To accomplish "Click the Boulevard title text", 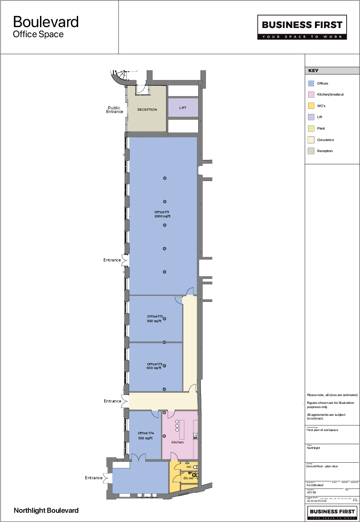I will pos(46,22).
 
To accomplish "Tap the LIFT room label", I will pos(183,108).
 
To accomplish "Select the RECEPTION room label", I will pos(147,110).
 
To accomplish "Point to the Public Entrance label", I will pos(114,110).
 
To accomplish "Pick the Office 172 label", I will pos(155,318).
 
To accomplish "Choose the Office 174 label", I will pos(145,435).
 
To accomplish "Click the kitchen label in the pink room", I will pos(177,442).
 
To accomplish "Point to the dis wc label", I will pos(188,478).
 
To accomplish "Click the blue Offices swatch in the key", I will pos(311,84).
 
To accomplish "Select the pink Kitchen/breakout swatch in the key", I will pos(311,95).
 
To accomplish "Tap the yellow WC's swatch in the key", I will pos(311,106).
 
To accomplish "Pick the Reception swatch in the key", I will pos(311,151).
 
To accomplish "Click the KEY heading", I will pos(313,71).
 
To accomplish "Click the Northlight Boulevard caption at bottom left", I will pos(46,511).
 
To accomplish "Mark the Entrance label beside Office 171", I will pos(112,260).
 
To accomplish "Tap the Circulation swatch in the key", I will pos(311,140).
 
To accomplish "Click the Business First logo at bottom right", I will pos(332,512).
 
